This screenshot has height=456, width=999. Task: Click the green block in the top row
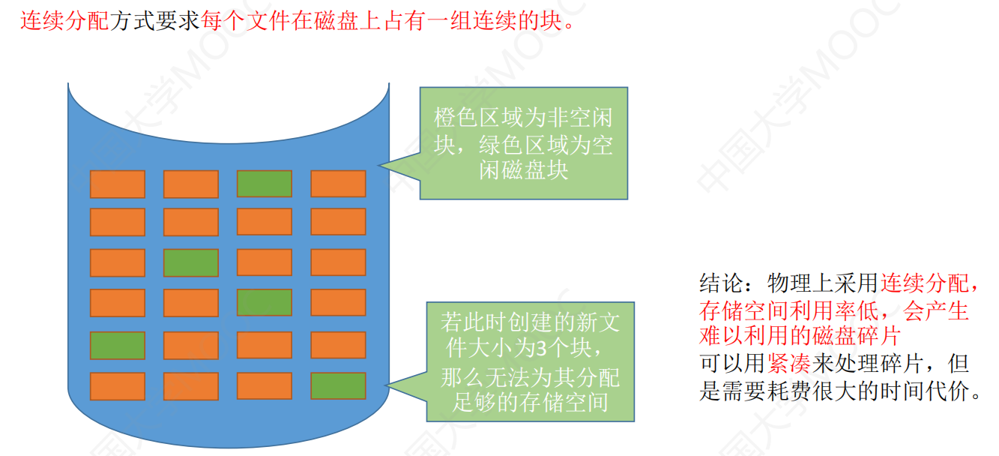tap(265, 184)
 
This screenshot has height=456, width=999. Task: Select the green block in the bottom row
tap(338, 386)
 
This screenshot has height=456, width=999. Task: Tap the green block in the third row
tap(191, 262)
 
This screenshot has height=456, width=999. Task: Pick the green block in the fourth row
tap(265, 302)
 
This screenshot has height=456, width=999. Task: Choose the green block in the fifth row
tap(118, 345)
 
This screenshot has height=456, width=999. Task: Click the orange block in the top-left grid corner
tap(118, 184)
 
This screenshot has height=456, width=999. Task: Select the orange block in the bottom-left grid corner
tap(118, 386)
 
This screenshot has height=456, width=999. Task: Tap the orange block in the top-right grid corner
tap(338, 184)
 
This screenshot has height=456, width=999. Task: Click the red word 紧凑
tap(789, 364)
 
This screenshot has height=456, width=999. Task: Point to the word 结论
tap(721, 283)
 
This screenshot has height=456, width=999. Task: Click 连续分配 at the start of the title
tap(64, 20)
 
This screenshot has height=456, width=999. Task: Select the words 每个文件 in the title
tap(245, 20)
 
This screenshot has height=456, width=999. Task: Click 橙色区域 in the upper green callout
tap(479, 118)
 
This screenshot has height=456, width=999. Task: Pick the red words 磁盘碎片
tap(857, 336)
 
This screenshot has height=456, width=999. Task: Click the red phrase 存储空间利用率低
tap(788, 310)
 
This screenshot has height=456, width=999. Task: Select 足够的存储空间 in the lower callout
tap(531, 403)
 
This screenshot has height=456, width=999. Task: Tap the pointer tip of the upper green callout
tap(378, 166)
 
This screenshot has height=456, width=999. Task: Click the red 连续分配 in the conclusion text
tap(924, 283)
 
